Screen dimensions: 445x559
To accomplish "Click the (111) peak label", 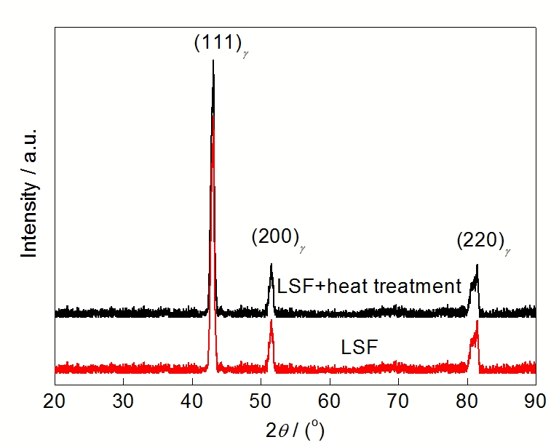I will [220, 44].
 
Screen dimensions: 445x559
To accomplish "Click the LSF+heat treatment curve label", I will [369, 286].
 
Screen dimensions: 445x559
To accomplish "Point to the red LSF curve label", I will [360, 348].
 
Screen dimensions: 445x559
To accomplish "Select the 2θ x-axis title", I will [294, 428].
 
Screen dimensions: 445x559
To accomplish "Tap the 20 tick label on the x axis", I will [55, 401].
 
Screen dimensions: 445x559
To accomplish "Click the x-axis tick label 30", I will [123, 401].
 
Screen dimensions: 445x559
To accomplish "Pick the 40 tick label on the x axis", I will [192, 401].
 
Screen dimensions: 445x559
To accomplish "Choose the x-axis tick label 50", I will [261, 401].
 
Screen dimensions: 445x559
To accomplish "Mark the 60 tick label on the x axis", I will [330, 401].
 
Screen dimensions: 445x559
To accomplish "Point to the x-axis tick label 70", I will [398, 401].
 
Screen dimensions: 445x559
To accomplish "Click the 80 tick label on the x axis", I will [467, 401].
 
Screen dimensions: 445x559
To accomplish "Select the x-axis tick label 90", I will [535, 401].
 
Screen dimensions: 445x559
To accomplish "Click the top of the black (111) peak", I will [213, 60].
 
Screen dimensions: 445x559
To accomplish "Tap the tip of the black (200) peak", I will [271, 264].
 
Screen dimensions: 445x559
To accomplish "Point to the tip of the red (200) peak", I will [271, 321].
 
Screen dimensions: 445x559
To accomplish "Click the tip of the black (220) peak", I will [477, 265].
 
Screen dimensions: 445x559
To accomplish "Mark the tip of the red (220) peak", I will [477, 321].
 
